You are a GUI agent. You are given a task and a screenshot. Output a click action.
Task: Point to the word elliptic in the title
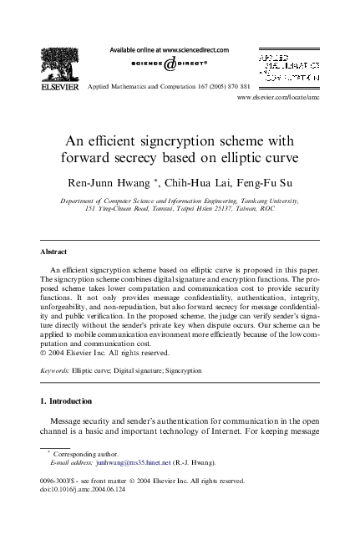241,156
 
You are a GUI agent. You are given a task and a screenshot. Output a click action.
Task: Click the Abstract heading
54,251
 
